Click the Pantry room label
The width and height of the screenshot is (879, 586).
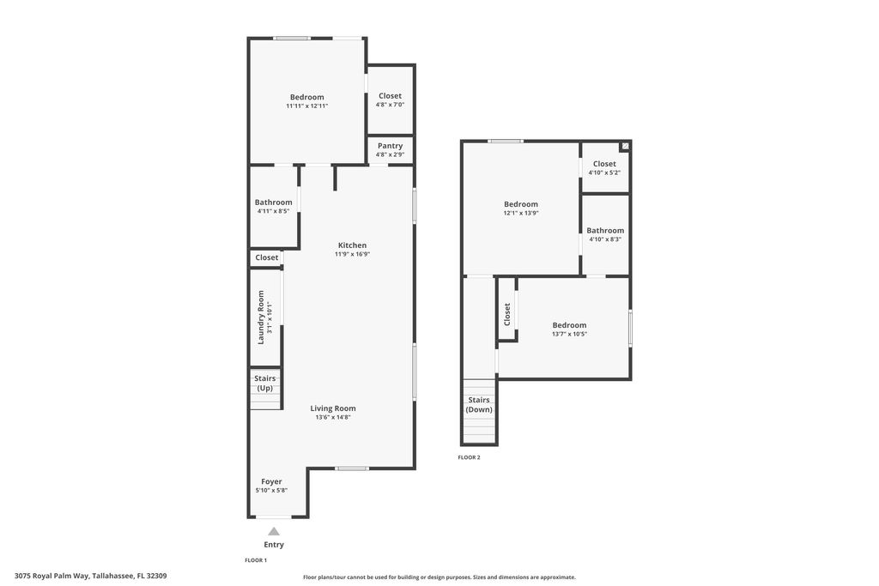pyautogui.click(x=390, y=146)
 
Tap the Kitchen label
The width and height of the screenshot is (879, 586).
pyautogui.click(x=352, y=245)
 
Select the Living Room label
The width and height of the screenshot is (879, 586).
pyautogui.click(x=333, y=408)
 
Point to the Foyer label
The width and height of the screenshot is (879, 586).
pyautogui.click(x=271, y=481)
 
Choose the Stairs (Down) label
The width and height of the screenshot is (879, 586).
pyautogui.click(x=479, y=405)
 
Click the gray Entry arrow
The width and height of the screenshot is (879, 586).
pyautogui.click(x=274, y=531)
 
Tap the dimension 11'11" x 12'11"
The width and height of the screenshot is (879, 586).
pyautogui.click(x=307, y=106)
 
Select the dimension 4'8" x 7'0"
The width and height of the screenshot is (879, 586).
pyautogui.click(x=390, y=105)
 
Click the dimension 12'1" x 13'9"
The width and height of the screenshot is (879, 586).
pyautogui.click(x=521, y=213)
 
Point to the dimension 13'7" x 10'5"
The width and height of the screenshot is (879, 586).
pyautogui.click(x=569, y=334)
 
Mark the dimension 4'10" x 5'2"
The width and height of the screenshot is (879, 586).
pyautogui.click(x=604, y=172)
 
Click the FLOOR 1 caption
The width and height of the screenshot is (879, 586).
pyautogui.click(x=256, y=560)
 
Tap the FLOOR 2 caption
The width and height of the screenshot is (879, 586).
pyautogui.click(x=470, y=457)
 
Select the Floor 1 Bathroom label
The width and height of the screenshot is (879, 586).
pyautogui.click(x=273, y=202)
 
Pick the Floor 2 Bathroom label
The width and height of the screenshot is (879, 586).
pyautogui.click(x=605, y=230)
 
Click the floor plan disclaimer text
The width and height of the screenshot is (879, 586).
pyautogui.click(x=439, y=577)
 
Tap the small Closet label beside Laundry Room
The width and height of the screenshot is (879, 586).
pyautogui.click(x=267, y=257)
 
